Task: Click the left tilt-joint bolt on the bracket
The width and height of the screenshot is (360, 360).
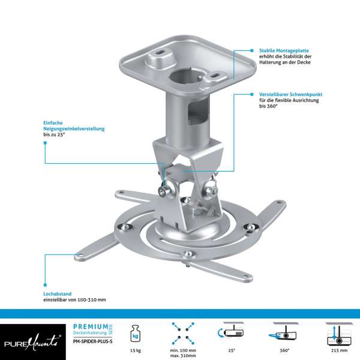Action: click(163, 190)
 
